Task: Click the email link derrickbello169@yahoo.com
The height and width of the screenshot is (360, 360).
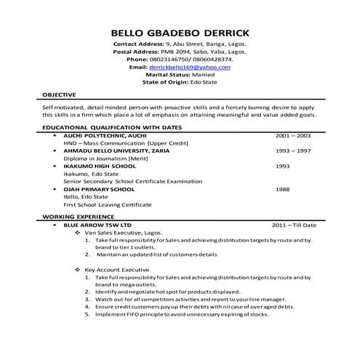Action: (x=190, y=67)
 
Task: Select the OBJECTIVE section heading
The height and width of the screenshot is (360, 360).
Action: (x=60, y=95)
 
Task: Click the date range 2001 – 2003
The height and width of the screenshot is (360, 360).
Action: (x=293, y=135)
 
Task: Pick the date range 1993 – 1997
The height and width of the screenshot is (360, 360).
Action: (x=293, y=151)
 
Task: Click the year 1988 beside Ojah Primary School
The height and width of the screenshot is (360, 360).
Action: (x=283, y=189)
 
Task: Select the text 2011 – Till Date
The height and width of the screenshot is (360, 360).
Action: (x=298, y=225)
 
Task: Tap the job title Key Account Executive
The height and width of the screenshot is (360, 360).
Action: (x=120, y=270)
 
